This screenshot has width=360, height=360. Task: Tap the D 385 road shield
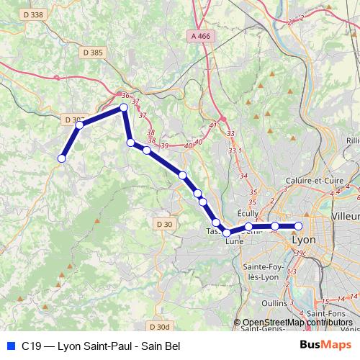[93, 53]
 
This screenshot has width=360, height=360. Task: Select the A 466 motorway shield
[203, 35]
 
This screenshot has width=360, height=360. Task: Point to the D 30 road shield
[164, 224]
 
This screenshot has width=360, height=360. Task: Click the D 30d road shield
[162, 326]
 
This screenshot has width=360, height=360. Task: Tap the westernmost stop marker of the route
[62, 158]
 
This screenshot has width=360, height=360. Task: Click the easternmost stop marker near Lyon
[298, 226]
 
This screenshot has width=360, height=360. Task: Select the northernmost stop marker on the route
[123, 107]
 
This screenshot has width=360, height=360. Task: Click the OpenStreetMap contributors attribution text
[297, 323]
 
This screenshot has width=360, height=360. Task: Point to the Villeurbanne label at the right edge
[346, 216]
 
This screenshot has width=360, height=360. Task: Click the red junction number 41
[212, 125]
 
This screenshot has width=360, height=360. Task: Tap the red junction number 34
[243, 176]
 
